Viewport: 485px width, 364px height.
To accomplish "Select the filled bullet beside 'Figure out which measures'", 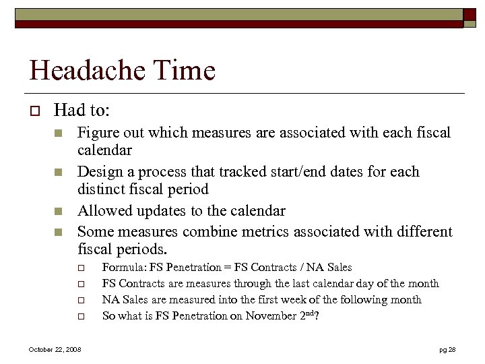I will [x=59, y=133].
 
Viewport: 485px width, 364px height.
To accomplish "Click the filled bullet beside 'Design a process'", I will [x=59, y=172].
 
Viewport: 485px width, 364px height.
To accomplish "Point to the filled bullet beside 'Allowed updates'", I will [x=59, y=211].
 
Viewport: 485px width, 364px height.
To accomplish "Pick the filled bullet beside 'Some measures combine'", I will [x=59, y=231].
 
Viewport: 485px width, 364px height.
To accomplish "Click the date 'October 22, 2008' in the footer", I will [x=55, y=349].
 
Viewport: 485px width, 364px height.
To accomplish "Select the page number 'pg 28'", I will [x=447, y=349].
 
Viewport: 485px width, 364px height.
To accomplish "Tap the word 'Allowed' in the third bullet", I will [x=104, y=211].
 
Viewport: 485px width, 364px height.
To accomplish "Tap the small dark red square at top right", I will [x=469, y=14].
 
